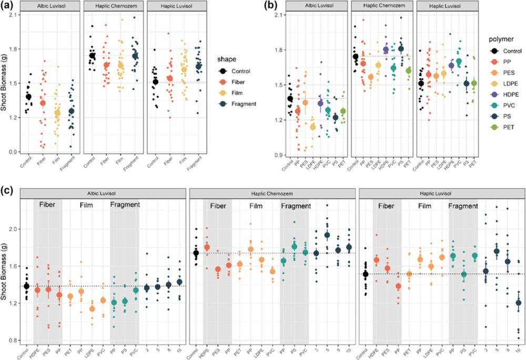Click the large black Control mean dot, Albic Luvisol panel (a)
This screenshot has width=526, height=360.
pyautogui.click(x=29, y=97)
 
